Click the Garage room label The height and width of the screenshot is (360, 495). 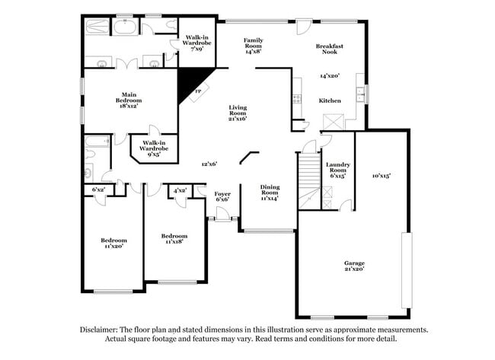tap(353, 266)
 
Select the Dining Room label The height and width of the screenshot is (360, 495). tap(270, 193)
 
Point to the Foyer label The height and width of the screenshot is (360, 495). tap(222, 197)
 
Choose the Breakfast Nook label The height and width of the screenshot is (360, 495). tap(330, 49)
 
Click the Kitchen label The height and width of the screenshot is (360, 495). tap(330, 100)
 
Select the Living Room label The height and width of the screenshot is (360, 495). tap(238, 113)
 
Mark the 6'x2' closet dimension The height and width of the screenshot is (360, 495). tap(97, 190)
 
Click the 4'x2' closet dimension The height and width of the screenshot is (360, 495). tap(180, 190)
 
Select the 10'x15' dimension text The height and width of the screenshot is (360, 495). tap(381, 176)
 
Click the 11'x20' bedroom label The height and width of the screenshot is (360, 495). tap(113, 243)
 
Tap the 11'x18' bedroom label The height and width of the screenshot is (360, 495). tap(174, 240)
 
